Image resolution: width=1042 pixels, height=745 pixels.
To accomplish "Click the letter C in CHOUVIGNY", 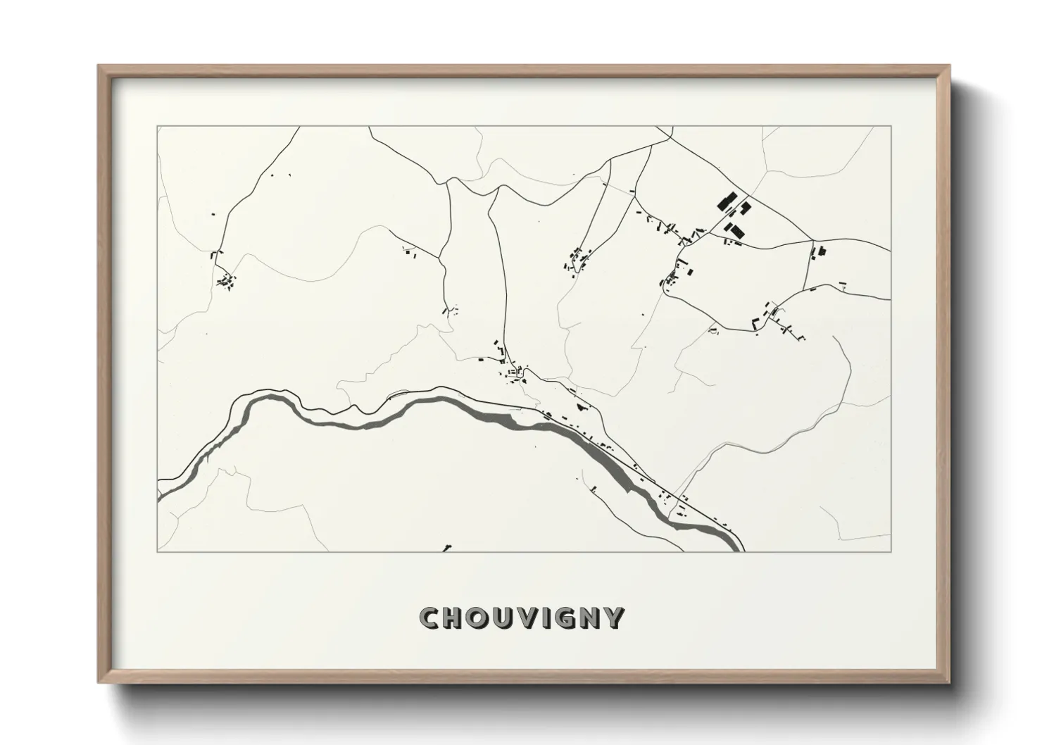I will (x=430, y=618).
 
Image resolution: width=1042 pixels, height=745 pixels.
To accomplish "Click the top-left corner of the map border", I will (x=158, y=127).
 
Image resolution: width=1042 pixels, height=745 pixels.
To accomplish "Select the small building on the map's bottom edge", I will (x=447, y=548).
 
